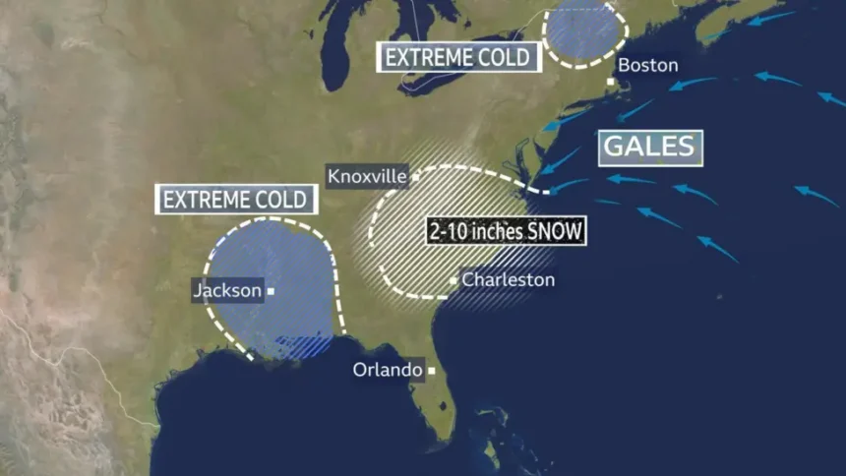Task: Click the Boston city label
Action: [647, 65]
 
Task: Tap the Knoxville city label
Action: [366, 176]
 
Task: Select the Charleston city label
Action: [508, 280]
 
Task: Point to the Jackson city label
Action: [227, 290]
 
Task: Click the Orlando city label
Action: [388, 371]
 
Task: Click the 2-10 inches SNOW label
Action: [507, 232]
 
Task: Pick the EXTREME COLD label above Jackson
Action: [237, 200]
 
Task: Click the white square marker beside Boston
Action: [611, 81]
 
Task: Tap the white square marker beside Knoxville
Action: [416, 178]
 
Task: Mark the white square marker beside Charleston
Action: [453, 281]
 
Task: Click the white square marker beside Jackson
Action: [271, 291]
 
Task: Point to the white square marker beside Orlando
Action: [431, 372]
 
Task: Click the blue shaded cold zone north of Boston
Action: [584, 30]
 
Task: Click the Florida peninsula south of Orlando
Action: [443, 408]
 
